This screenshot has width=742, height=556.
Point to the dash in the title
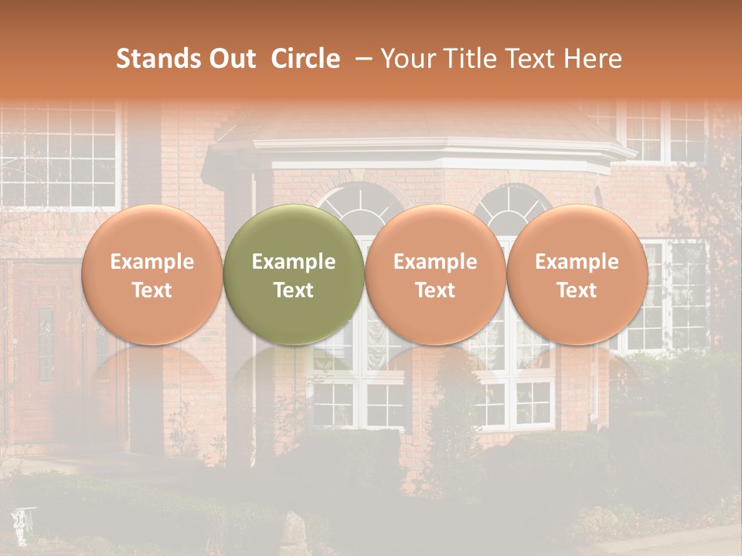(x=359, y=59)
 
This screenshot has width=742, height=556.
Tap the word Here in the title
(x=593, y=59)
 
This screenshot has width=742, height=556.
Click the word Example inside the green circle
(x=294, y=262)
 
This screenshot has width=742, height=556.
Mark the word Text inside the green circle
(x=294, y=290)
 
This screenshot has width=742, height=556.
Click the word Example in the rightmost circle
(x=577, y=262)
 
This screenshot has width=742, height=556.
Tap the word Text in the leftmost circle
(x=151, y=290)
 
